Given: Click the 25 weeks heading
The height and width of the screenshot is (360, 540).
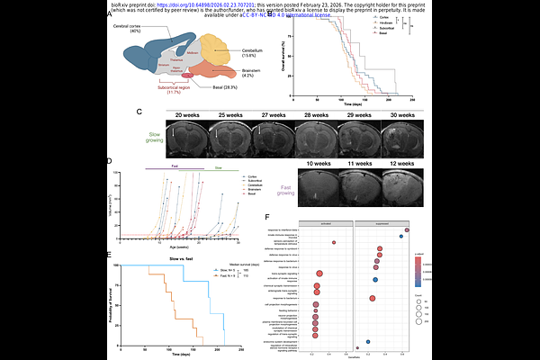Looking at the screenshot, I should click(x=228, y=116).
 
